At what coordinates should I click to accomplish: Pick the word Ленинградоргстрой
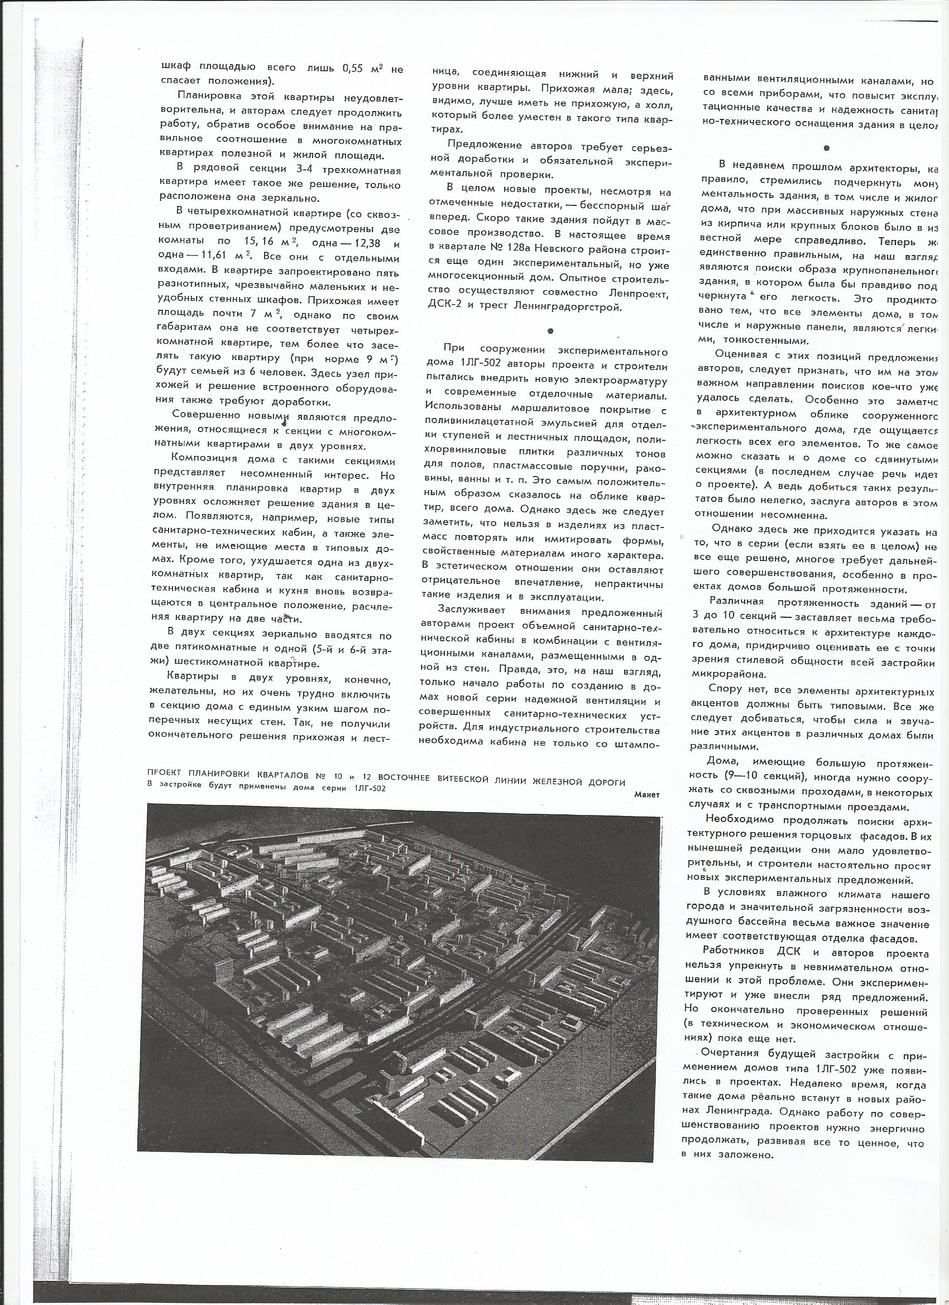575,309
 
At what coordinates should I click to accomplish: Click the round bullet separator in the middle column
551,332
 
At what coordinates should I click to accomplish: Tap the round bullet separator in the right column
826,148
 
